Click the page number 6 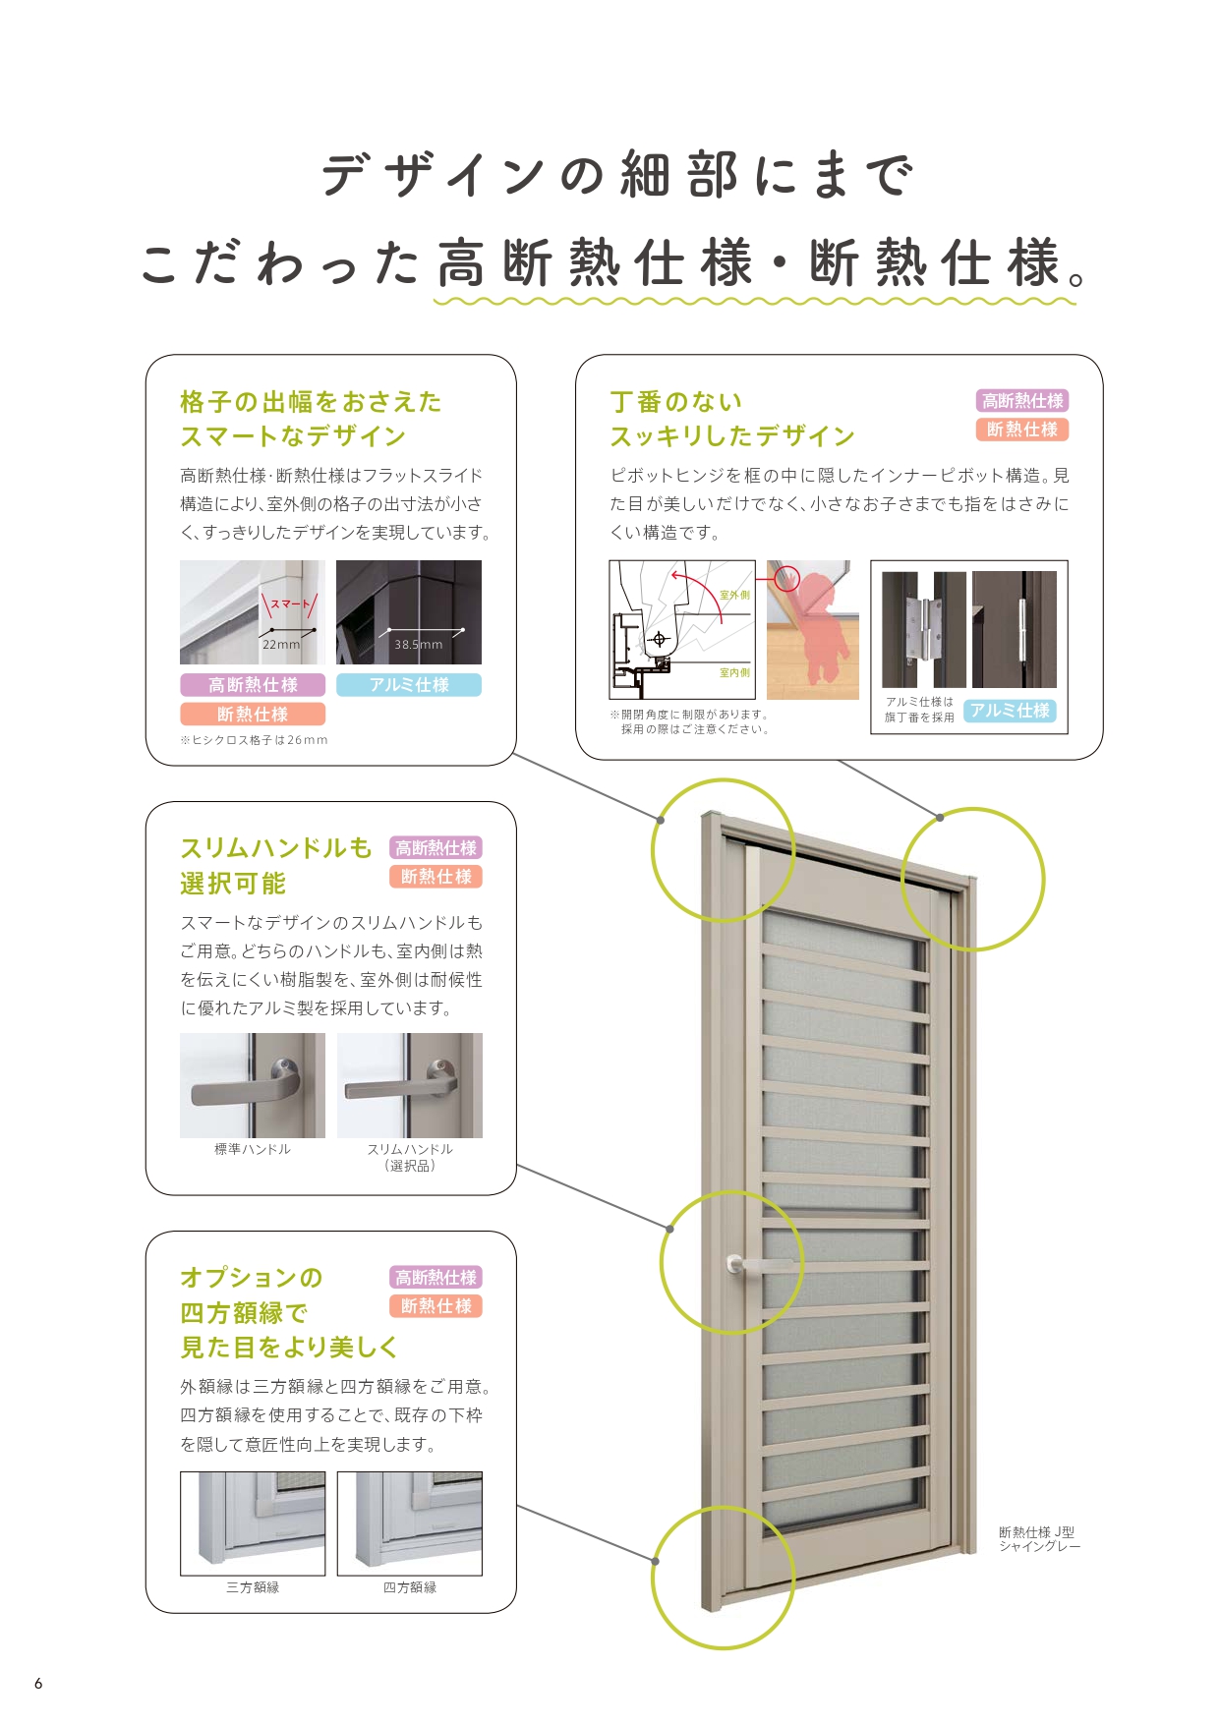(x=38, y=1683)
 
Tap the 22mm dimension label (x=281, y=645)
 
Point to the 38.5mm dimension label (x=419, y=645)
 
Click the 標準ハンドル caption (x=253, y=1149)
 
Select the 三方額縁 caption (x=253, y=1587)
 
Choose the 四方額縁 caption (x=410, y=1587)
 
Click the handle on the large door (x=757, y=1265)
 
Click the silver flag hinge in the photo (x=919, y=629)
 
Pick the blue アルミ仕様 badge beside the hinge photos (x=1010, y=711)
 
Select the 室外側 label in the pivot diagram (x=734, y=595)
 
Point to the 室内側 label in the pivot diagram (x=734, y=673)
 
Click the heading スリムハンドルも (x=276, y=848)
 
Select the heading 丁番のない (x=676, y=402)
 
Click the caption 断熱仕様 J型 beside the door (x=1036, y=1532)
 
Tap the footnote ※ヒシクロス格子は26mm (x=254, y=740)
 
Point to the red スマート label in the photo (x=289, y=604)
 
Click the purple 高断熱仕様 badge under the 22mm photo (x=253, y=685)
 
